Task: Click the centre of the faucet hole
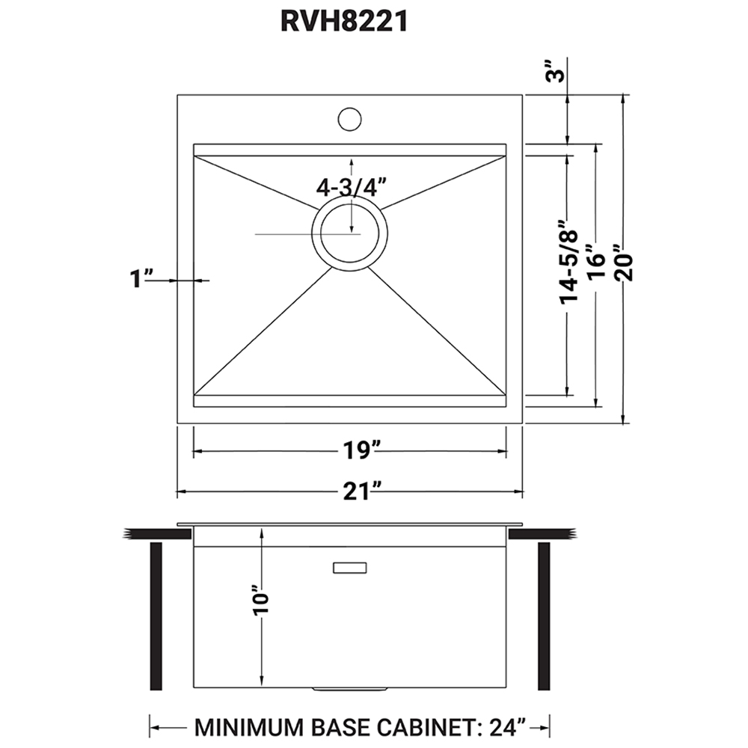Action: (x=349, y=119)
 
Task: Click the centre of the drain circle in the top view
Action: (x=349, y=233)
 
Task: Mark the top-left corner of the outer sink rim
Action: (x=177, y=94)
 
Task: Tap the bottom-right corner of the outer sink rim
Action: (x=524, y=423)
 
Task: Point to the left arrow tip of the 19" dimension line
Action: (x=193, y=451)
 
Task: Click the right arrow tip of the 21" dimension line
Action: (x=524, y=491)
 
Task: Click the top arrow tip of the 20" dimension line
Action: (x=622, y=94)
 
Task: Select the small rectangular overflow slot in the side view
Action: (x=349, y=568)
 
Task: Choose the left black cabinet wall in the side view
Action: (x=156, y=616)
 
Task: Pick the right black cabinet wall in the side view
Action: (x=544, y=616)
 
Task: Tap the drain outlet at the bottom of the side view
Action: (x=349, y=690)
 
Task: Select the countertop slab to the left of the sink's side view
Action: (x=158, y=534)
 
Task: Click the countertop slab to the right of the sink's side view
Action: (x=542, y=534)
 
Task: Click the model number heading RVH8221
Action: (x=344, y=22)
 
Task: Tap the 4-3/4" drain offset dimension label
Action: (x=351, y=187)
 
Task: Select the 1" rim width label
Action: (x=141, y=278)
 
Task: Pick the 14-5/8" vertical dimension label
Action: (x=568, y=261)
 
